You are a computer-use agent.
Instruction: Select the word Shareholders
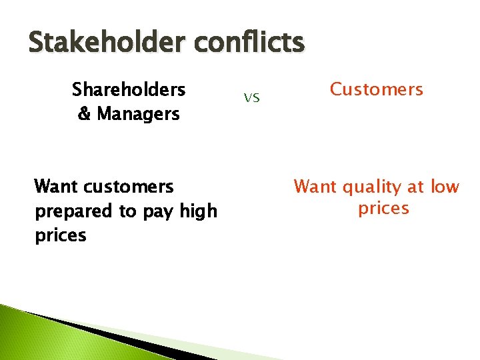click(129, 89)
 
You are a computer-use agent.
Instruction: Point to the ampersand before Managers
click(85, 114)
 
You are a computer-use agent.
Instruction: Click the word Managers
click(138, 114)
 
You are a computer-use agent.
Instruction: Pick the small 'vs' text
click(251, 99)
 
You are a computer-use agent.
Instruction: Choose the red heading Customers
click(377, 89)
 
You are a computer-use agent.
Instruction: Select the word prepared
click(74, 211)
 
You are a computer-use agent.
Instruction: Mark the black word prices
click(61, 235)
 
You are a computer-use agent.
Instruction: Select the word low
click(445, 187)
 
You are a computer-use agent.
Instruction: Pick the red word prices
click(383, 209)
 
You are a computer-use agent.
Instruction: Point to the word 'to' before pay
click(127, 212)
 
